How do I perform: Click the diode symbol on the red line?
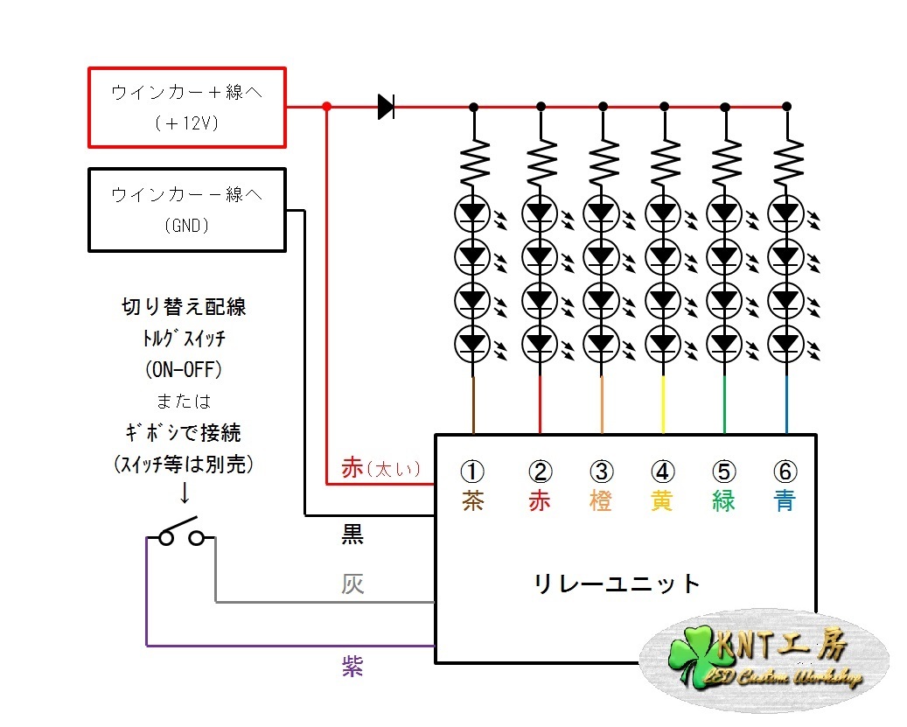[x=386, y=107]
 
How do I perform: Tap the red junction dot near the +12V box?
[x=326, y=107]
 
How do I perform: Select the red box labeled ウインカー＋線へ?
[x=187, y=107]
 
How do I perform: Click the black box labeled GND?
[x=187, y=210]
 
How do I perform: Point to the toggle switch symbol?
[x=180, y=535]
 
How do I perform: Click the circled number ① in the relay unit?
[x=472, y=472]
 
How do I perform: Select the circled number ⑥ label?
[x=785, y=472]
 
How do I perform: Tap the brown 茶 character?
[x=472, y=502]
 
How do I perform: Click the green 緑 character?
[x=724, y=502]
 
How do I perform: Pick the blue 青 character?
[x=785, y=502]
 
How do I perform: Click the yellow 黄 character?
[x=662, y=502]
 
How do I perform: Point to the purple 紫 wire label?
[x=352, y=667]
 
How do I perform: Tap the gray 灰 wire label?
[x=352, y=584]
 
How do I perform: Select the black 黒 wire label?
[x=352, y=535]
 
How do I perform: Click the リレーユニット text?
[x=617, y=584]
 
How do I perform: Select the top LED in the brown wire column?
[x=473, y=212]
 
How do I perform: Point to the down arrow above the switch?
[x=185, y=493]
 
